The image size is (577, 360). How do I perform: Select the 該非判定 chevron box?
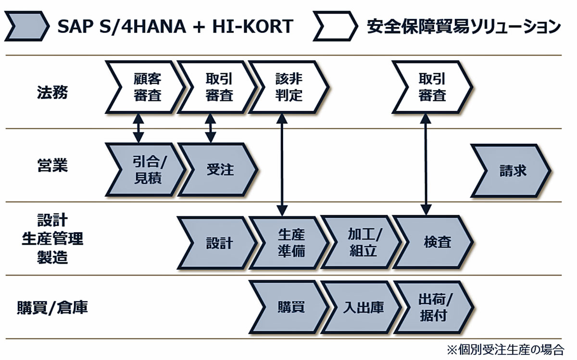[x=289, y=87]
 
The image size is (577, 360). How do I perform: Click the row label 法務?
[x=52, y=92]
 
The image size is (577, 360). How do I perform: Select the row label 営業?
[x=52, y=165]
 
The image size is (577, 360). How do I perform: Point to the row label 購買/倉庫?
[x=52, y=308]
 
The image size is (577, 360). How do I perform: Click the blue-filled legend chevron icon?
[x=27, y=26]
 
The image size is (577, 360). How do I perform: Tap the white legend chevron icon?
[x=336, y=26]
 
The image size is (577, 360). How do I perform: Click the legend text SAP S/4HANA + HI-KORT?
[x=176, y=26]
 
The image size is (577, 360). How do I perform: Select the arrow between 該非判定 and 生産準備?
[x=282, y=165]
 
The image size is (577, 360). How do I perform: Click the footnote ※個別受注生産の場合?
[x=505, y=350]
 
